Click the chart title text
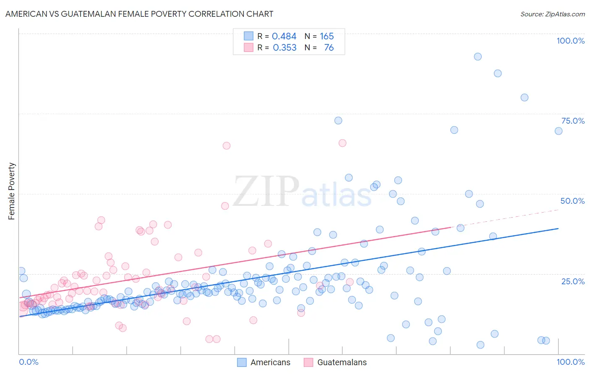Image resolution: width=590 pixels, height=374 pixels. coord(139,14)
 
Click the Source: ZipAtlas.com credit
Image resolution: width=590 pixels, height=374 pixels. coord(552,14)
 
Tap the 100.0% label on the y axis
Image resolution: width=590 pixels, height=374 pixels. coord(570,41)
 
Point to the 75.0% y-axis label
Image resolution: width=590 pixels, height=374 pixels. coord(572,121)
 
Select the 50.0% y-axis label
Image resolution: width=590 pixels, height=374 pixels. coord(572,201)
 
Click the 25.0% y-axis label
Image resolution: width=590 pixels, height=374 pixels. coord(572,281)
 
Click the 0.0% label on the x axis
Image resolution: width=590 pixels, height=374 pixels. coord(29,362)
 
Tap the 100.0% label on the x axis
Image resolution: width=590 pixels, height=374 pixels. coord(570,362)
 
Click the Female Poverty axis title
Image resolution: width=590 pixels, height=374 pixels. coord(12,191)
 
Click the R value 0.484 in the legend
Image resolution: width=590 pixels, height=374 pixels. coord(284,36)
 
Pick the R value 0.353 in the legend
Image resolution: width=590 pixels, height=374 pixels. coord(285,48)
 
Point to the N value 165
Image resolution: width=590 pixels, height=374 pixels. coord(326,36)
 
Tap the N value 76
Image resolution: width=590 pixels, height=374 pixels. coord(329,48)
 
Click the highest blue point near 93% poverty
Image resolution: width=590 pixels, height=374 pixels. coord(478,57)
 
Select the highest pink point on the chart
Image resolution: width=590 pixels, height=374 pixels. coord(342,143)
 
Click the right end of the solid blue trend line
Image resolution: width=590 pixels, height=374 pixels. coord(558,229)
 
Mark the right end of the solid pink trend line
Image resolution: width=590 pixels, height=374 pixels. coord(450,227)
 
